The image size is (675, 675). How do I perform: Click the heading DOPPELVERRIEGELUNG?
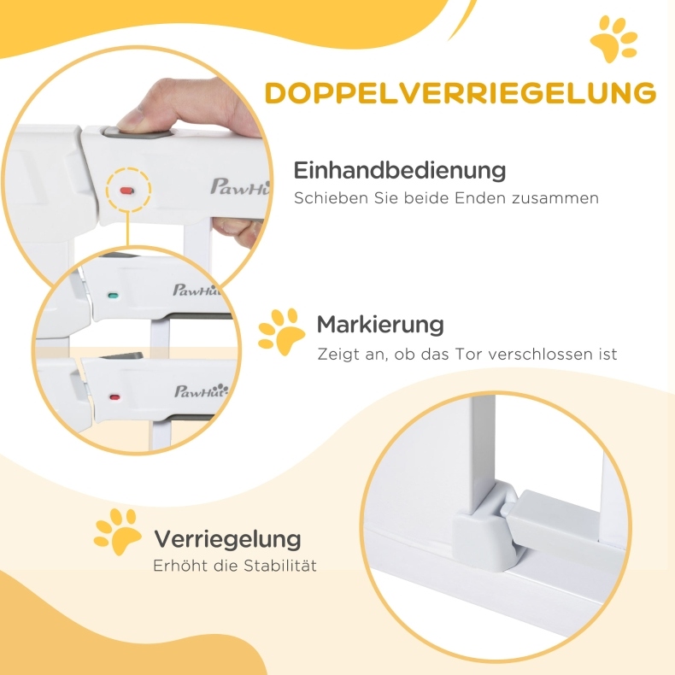[x=461, y=91]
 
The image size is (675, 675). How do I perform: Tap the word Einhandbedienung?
[x=400, y=170]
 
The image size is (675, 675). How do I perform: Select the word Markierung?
[x=380, y=324]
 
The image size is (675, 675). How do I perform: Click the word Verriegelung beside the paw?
[x=227, y=539]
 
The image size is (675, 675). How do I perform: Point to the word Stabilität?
[x=279, y=565]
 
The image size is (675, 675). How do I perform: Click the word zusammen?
[x=555, y=198]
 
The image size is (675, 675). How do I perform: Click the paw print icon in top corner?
[x=613, y=38]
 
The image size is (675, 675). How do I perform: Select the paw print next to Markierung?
[x=281, y=332]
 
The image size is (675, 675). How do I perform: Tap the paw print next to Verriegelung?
[x=117, y=531]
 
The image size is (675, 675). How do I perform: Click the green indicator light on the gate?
[x=114, y=296]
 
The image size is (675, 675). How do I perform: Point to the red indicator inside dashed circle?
[x=127, y=191]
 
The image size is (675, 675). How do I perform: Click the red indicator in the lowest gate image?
[x=115, y=397]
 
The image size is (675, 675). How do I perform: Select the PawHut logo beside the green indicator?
[x=197, y=291]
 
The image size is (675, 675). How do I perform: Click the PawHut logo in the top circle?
[x=239, y=187]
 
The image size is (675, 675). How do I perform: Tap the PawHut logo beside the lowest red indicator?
[x=201, y=390]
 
